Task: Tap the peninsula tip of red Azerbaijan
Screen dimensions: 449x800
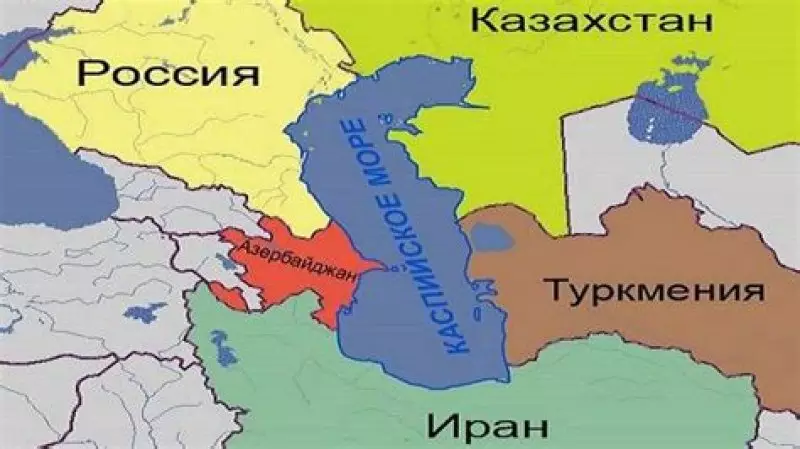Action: click(x=383, y=266)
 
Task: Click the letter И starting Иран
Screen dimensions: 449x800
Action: click(x=439, y=424)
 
